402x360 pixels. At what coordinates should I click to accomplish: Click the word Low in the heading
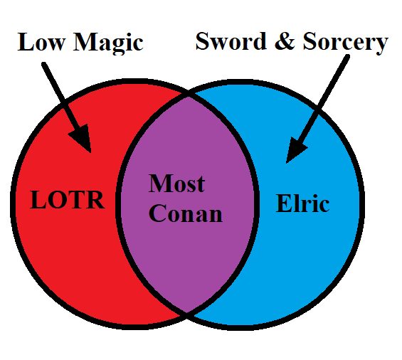(41, 42)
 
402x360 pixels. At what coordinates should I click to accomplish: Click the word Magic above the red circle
(108, 43)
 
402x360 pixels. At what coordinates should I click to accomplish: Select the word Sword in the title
(231, 41)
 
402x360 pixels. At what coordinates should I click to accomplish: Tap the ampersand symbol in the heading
(285, 41)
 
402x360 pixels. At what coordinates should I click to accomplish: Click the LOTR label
(67, 200)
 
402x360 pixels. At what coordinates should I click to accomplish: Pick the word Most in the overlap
(176, 183)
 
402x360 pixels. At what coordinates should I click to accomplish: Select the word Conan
(186, 213)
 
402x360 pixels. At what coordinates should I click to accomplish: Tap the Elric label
(302, 203)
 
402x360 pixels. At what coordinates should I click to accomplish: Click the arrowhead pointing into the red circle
(82, 137)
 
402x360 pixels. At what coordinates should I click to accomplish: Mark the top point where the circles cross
(188, 94)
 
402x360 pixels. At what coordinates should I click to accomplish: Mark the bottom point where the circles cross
(186, 313)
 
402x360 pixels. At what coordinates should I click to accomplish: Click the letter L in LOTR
(38, 200)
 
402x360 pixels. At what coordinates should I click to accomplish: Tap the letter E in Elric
(284, 203)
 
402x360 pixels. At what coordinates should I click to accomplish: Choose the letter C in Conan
(157, 213)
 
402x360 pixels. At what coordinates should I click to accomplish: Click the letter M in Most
(161, 183)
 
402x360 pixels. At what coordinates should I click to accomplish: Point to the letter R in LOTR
(95, 200)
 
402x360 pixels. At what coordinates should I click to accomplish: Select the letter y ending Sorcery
(382, 46)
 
